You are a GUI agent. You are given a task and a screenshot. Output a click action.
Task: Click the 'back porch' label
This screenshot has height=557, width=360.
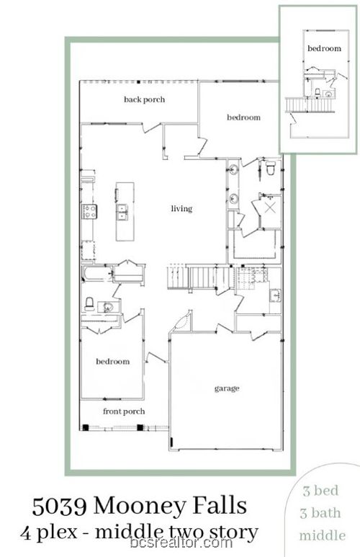[x=144, y=99]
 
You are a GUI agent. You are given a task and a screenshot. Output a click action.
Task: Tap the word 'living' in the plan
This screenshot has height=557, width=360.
[x=181, y=209]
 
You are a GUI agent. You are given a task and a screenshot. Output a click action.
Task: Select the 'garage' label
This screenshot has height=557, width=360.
[x=227, y=388]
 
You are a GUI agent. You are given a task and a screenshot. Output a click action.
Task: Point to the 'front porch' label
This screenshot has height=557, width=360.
[x=124, y=411]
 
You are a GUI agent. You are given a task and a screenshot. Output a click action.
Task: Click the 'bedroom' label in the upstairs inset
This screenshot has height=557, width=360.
[x=324, y=48]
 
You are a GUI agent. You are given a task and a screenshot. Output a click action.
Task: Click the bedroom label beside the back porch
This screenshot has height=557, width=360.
[x=243, y=117]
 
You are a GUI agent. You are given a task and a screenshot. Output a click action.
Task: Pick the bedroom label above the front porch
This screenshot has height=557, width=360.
[x=113, y=361]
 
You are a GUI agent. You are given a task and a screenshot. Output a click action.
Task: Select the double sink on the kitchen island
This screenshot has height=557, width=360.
[x=122, y=211]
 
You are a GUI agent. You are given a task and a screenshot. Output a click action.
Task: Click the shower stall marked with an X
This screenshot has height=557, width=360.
[x=271, y=208]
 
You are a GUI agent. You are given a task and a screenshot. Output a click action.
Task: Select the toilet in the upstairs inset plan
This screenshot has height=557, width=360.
[x=318, y=92]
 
